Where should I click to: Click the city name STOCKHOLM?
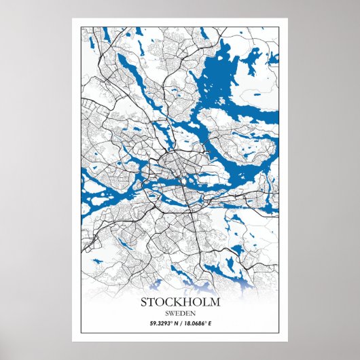180,302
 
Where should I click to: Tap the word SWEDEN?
180,312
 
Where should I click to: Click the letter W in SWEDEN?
171,312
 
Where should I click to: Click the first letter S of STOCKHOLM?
145,302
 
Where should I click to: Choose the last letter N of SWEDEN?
192,312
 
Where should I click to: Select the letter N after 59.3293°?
174,324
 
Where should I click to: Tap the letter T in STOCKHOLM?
153,302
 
